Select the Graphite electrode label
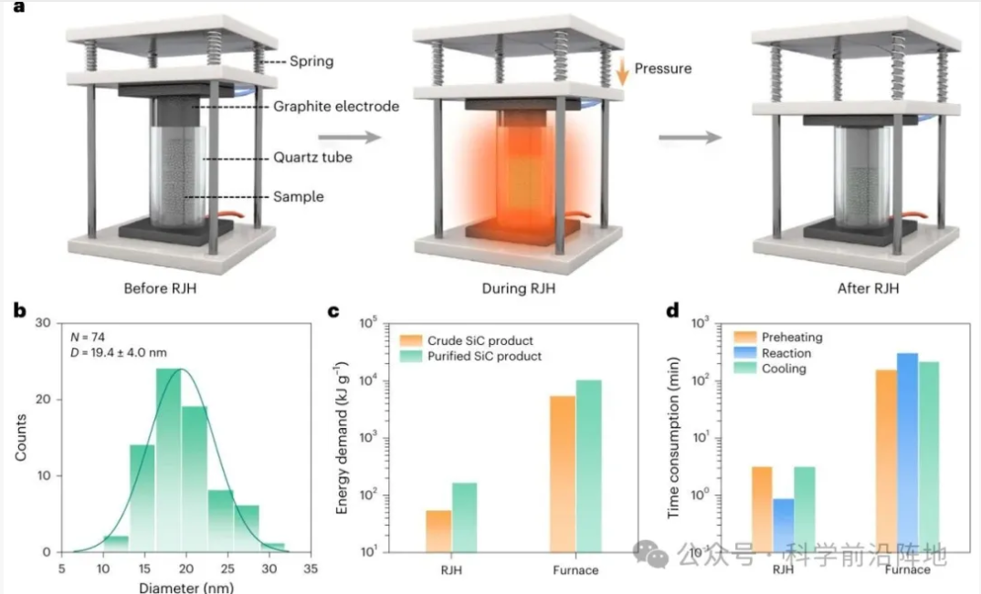click(337, 106)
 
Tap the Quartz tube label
click(313, 157)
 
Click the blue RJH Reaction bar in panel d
click(782, 525)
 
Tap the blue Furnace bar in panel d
click(907, 452)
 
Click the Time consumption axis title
click(673, 438)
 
